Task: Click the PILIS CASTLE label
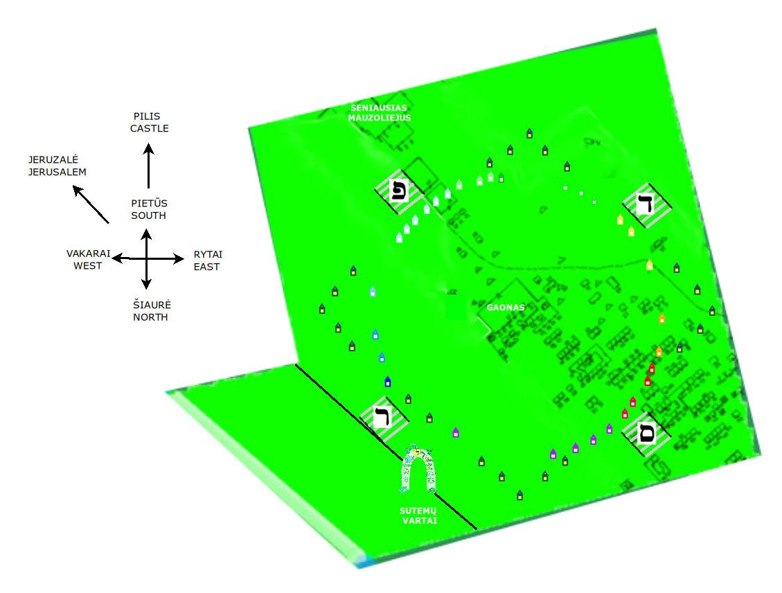(149, 122)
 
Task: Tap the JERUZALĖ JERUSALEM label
(57, 166)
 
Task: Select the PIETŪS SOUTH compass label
(149, 209)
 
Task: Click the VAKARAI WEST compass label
(88, 259)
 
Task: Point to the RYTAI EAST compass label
(208, 260)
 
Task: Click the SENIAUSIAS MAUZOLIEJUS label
(380, 113)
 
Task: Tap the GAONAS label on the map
(506, 307)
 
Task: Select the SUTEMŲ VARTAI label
(418, 515)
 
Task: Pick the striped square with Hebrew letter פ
(399, 191)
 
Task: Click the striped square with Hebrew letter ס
(646, 432)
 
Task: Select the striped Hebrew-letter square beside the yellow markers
(647, 205)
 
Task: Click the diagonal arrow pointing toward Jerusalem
(91, 204)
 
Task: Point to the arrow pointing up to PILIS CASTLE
(149, 166)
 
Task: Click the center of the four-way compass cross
(146, 258)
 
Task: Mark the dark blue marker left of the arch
(387, 382)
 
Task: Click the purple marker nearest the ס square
(609, 428)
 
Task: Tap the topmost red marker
(651, 369)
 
